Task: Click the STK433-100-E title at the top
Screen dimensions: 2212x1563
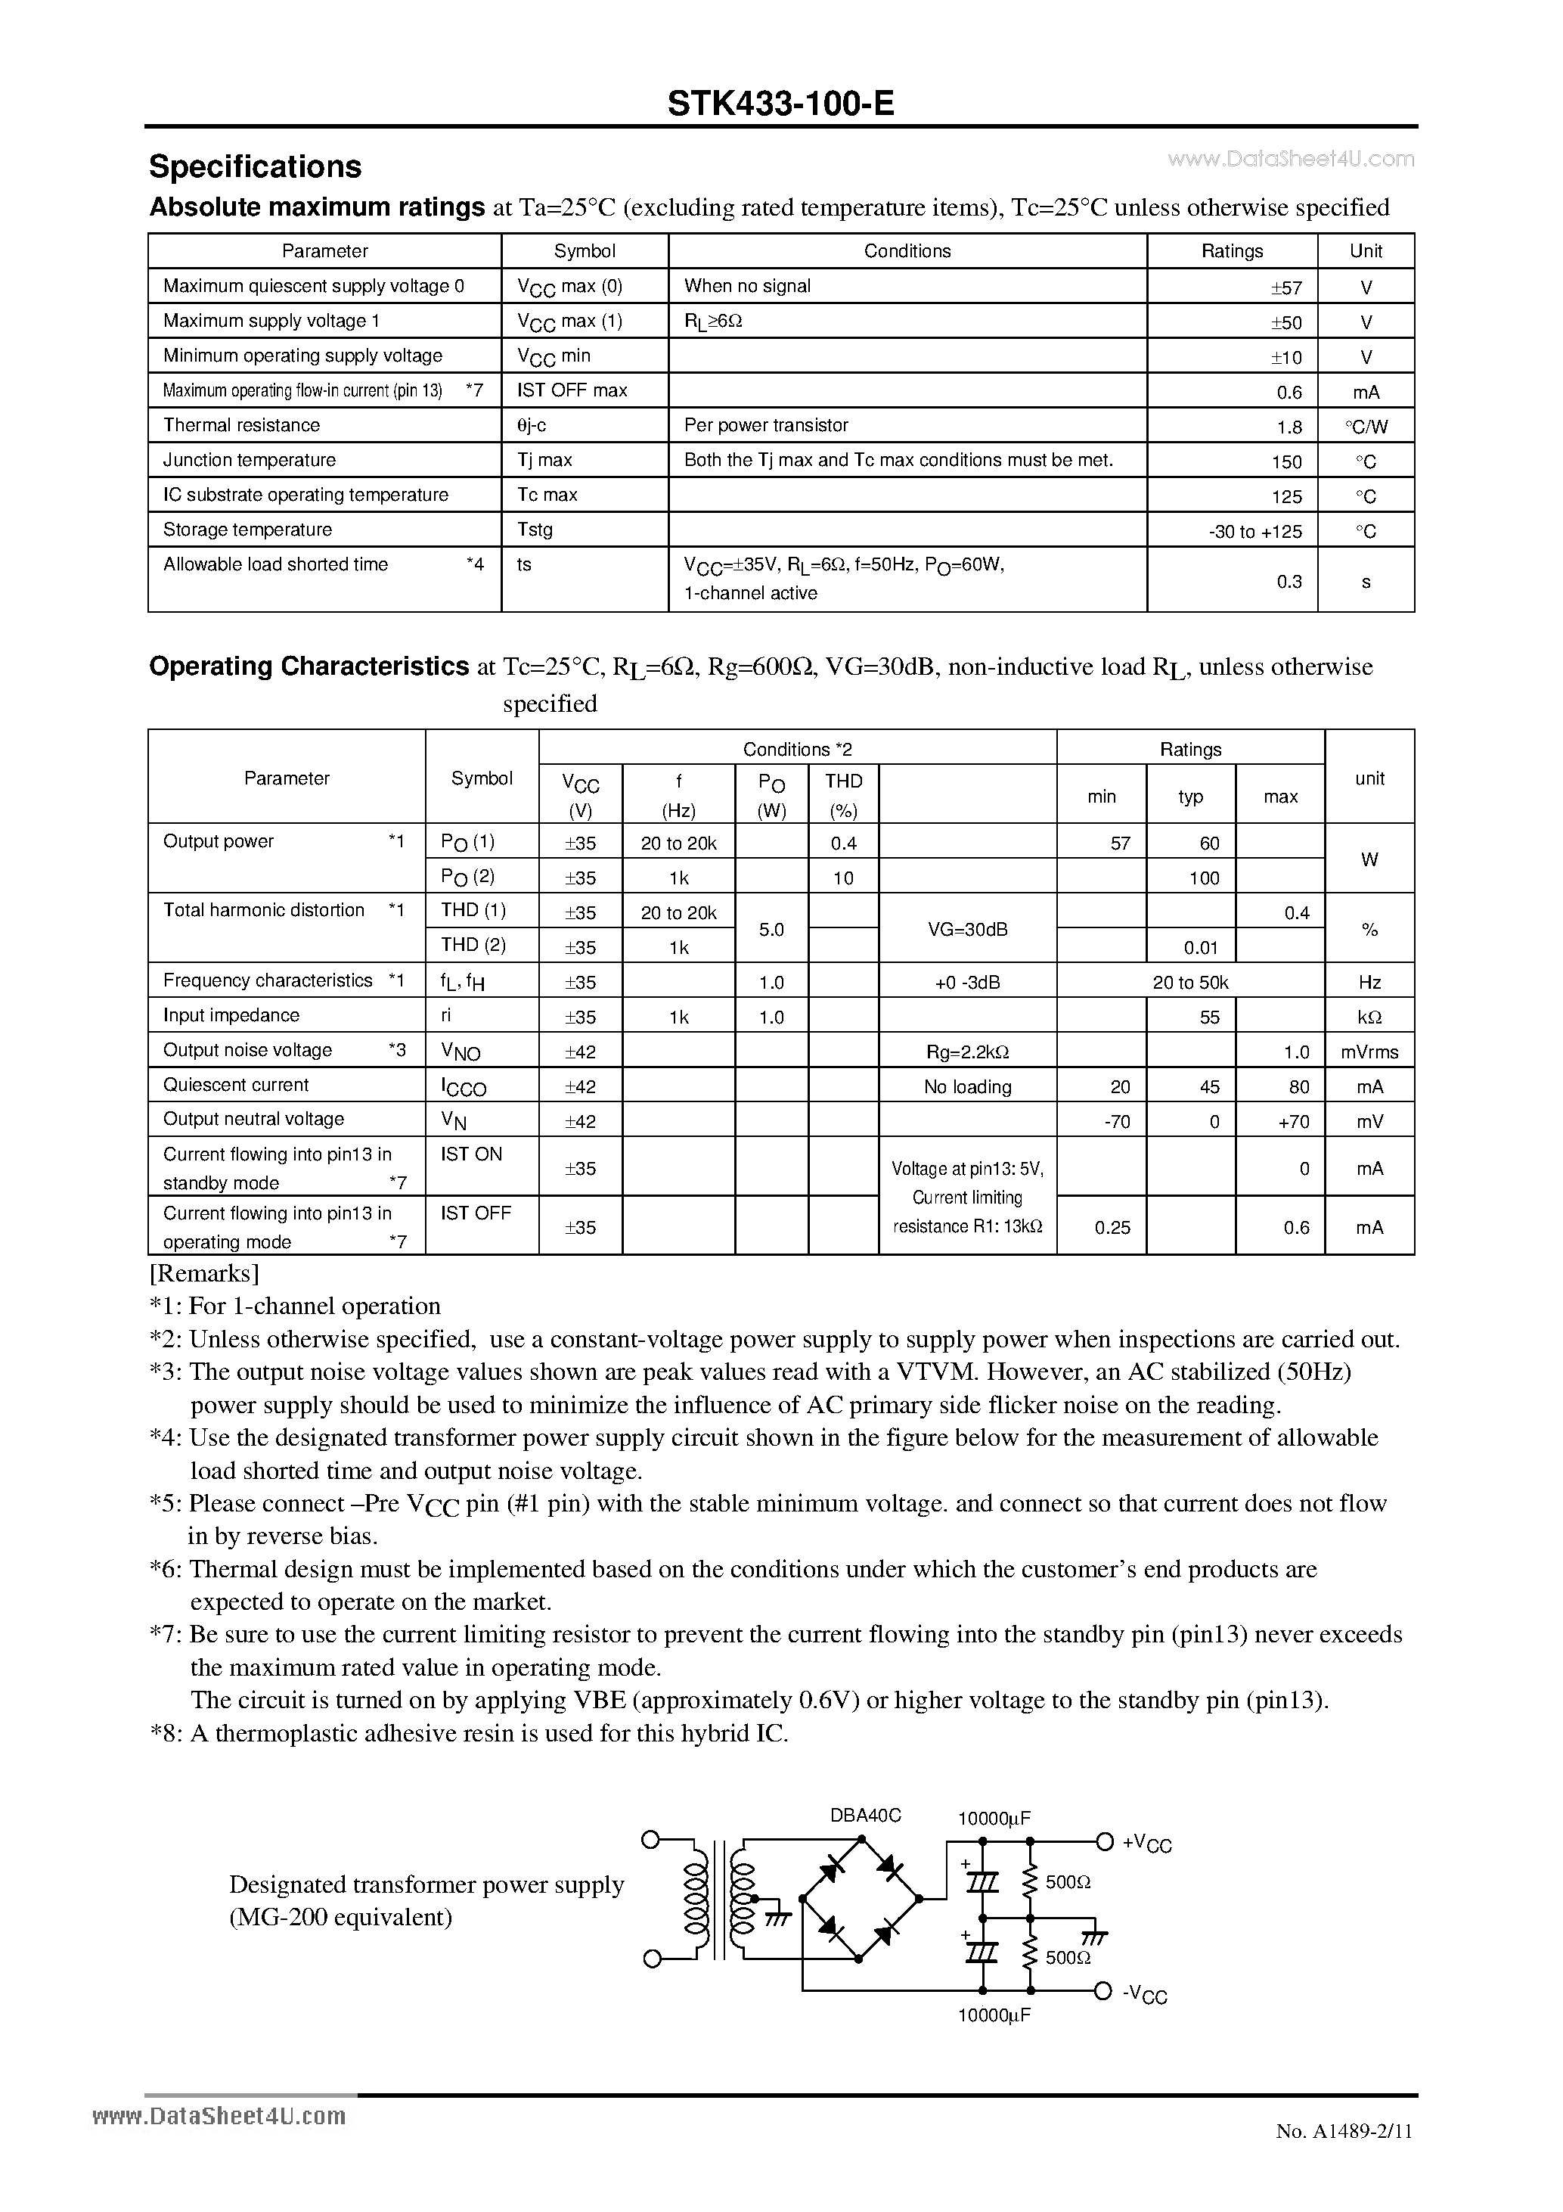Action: [781, 103]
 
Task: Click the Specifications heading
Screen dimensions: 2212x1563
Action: [255, 166]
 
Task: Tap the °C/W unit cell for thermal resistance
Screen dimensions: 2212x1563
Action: [1366, 426]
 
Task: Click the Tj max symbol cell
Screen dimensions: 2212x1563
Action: [545, 461]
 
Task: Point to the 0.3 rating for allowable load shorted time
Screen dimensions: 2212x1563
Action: [1289, 581]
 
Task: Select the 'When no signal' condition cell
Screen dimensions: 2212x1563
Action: [747, 286]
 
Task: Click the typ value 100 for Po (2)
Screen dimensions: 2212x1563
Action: [1203, 878]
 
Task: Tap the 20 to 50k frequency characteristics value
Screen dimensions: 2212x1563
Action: [1190, 983]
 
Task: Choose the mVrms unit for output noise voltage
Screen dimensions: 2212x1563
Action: [1369, 1052]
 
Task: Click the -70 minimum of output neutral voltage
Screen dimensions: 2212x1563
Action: [1117, 1121]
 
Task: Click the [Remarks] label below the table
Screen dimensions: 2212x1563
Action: [204, 1274]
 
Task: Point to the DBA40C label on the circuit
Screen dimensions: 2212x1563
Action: [865, 1815]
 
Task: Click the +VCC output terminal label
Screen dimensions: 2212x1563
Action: [1146, 1843]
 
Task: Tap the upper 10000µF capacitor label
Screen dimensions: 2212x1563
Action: [994, 1818]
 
